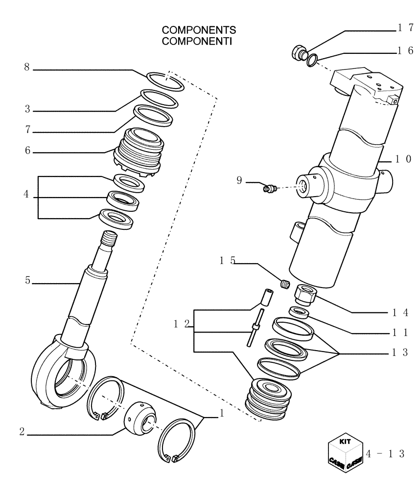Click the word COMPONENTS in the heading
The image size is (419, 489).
click(x=192, y=32)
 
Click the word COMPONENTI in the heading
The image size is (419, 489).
click(x=192, y=41)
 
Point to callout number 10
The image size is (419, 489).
click(x=404, y=159)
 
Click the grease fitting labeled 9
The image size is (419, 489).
click(x=269, y=188)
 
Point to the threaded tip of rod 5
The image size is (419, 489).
click(x=110, y=240)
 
